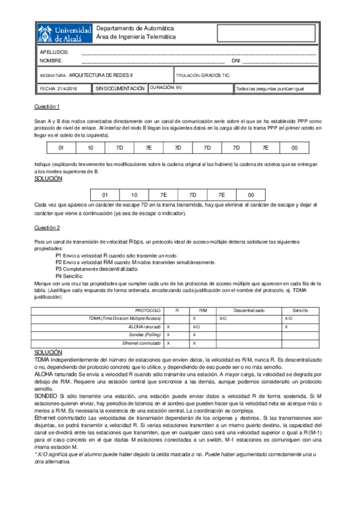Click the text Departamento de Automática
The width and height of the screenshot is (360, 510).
click(135, 28)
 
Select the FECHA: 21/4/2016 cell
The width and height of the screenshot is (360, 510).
click(59, 88)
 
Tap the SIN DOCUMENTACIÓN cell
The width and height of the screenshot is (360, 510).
click(120, 88)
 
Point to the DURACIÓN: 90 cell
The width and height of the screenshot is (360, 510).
click(166, 88)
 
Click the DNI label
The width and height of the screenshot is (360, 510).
click(236, 61)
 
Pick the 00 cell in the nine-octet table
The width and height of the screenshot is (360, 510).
click(294, 147)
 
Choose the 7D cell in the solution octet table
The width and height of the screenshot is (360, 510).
click(192, 195)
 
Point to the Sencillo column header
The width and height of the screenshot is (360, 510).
click(300, 310)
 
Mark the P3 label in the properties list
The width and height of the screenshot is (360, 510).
click(59, 269)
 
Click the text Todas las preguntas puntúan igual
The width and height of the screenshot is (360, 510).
click(270, 88)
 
